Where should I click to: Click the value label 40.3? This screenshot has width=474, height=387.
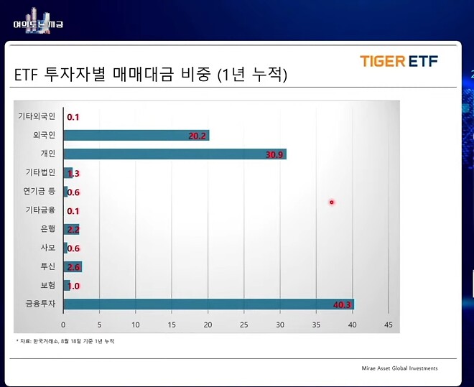click(343, 305)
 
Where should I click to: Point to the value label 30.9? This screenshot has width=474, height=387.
click(275, 154)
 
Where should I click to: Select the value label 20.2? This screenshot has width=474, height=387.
click(197, 136)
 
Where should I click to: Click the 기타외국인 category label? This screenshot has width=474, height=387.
click(37, 116)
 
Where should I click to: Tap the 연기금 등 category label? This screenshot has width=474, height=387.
click(39, 192)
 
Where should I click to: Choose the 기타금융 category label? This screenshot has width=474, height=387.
click(40, 210)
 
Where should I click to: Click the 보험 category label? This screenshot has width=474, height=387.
click(47, 286)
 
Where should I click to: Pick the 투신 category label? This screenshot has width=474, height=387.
click(47, 267)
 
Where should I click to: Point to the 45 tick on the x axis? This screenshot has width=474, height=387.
click(389, 325)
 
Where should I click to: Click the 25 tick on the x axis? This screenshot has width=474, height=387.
click(244, 325)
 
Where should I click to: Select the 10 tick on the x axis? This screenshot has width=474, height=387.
click(136, 325)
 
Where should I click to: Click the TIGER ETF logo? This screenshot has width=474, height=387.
click(399, 61)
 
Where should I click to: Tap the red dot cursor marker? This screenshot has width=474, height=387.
click(332, 202)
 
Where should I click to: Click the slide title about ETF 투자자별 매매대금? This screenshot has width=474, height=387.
click(151, 75)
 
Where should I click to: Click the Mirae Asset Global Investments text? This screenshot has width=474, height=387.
click(399, 368)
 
